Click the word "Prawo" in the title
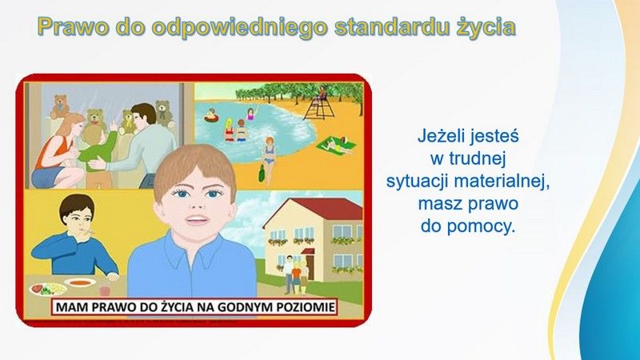pos(73,27)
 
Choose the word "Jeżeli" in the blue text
pos(442,136)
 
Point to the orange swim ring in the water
pos(211,118)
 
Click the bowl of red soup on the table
pos(79,282)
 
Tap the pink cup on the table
pos(105,290)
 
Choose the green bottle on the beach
pos(262,173)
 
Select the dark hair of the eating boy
pos(76,207)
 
